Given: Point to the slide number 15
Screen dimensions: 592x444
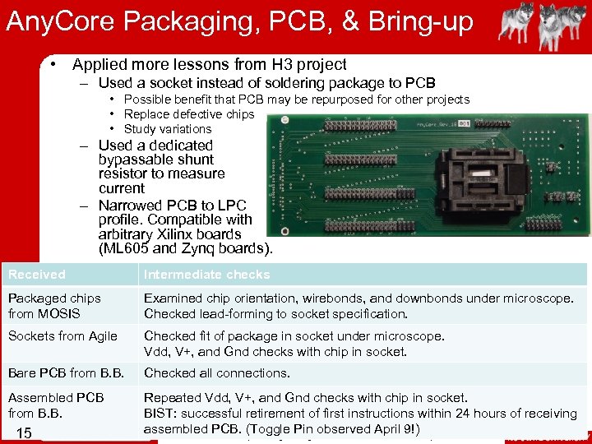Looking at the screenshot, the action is (23, 432).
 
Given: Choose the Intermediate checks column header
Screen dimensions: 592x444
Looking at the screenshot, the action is (206, 275).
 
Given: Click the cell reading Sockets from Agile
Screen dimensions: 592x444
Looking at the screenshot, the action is (62, 335).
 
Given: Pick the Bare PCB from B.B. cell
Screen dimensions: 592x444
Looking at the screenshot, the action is (66, 373).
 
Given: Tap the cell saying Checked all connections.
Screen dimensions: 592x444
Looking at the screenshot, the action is (216, 373).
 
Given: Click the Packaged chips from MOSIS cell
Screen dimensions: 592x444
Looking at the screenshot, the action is (54, 306).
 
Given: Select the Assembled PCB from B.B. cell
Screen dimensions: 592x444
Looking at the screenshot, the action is (56, 405).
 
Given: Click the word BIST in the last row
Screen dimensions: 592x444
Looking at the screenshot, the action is (158, 414).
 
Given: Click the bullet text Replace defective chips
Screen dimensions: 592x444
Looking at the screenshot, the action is (189, 114).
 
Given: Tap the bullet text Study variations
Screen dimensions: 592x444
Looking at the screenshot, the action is (168, 129).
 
